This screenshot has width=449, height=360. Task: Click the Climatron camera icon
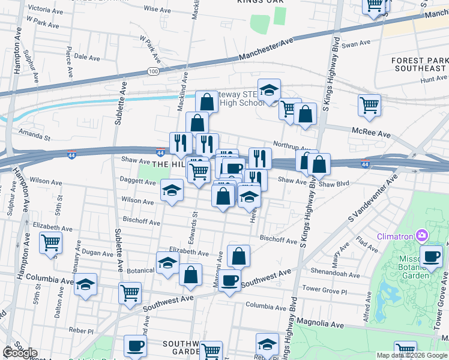(423, 236)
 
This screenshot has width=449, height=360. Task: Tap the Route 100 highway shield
(153, 71)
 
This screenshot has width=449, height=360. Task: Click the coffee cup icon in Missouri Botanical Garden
(430, 257)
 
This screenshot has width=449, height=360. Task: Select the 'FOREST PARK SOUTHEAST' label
(419, 65)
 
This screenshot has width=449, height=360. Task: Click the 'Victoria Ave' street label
(46, 9)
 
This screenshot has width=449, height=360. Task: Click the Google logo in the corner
(19, 352)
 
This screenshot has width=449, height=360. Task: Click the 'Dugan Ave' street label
(95, 253)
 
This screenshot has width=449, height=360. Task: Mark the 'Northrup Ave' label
(294, 146)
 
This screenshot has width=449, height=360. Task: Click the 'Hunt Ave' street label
(433, 79)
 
